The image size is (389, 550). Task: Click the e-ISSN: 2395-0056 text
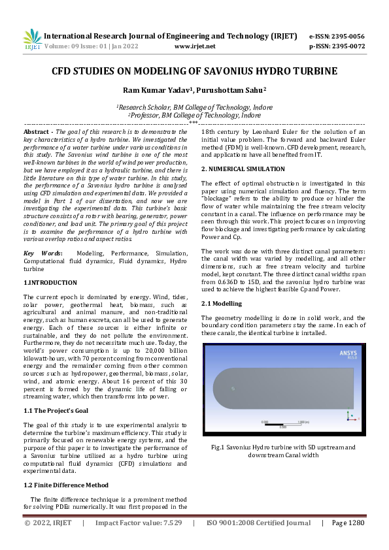coord(336,36)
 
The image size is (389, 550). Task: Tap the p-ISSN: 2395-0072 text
coord(336,46)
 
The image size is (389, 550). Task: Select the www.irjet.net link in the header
coord(195,46)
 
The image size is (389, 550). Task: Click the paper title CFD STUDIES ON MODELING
coord(194,71)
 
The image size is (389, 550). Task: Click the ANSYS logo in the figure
coord(348,353)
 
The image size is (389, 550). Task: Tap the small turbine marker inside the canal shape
coord(233,389)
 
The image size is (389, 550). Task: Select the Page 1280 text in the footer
coord(347,523)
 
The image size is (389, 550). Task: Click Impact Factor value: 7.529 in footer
coord(138,523)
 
